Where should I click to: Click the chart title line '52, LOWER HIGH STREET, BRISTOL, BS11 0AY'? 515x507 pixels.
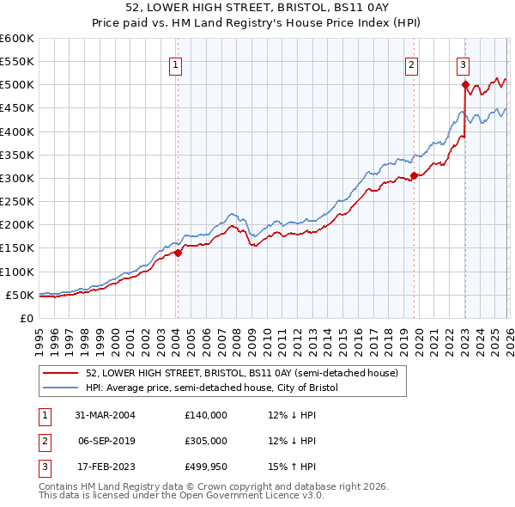click(x=257, y=9)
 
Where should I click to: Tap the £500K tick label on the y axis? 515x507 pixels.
click(x=17, y=85)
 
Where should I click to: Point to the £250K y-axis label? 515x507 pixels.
click(x=17, y=202)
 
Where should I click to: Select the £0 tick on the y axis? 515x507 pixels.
click(x=27, y=319)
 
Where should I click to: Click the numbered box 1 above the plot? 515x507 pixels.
click(x=176, y=64)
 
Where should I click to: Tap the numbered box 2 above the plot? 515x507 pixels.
click(x=412, y=64)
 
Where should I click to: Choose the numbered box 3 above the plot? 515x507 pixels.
click(x=463, y=64)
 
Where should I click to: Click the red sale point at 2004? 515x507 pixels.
click(x=178, y=253)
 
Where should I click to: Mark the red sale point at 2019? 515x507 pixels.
click(x=414, y=175)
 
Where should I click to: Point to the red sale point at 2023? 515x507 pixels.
click(x=465, y=84)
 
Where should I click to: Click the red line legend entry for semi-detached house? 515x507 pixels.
click(x=241, y=374)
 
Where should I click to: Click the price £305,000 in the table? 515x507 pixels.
click(x=206, y=441)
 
